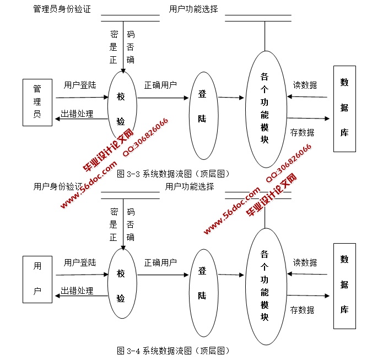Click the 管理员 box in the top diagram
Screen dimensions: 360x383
click(37, 106)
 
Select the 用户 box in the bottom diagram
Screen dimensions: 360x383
click(37, 282)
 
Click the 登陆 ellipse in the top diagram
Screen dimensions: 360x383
click(202, 106)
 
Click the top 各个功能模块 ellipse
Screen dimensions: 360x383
click(265, 109)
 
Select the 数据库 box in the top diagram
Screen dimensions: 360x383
click(344, 109)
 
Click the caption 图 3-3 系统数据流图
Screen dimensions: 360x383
click(173, 174)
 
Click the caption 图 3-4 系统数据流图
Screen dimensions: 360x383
click(173, 351)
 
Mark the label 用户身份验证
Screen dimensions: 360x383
click(57, 186)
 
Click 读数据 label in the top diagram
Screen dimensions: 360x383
click(305, 85)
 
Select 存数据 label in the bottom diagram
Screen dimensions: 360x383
click(302, 310)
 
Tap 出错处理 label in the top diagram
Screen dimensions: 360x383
click(77, 114)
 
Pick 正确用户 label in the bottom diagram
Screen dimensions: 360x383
click(160, 262)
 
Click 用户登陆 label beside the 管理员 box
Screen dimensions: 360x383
click(80, 85)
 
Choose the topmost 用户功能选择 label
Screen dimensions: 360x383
click(193, 9)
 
